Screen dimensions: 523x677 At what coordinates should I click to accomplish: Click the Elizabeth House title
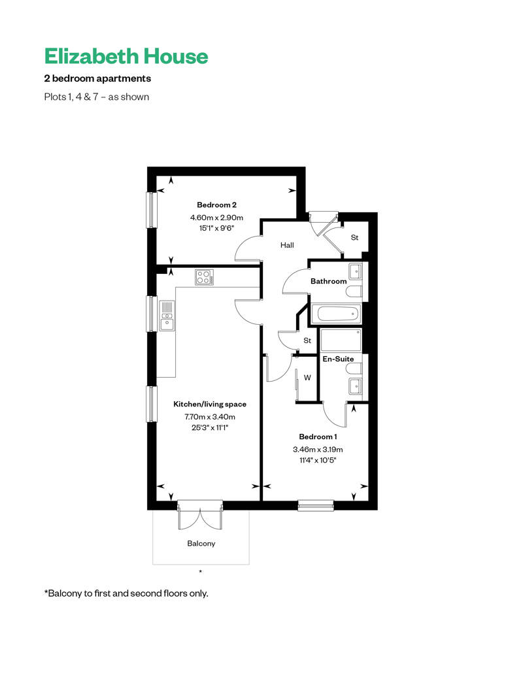[x=126, y=57]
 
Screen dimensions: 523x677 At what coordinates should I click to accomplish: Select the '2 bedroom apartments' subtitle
[x=97, y=78]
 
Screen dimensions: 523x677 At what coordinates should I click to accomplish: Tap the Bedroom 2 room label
[x=217, y=205]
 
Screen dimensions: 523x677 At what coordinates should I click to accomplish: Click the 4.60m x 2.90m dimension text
[x=217, y=218]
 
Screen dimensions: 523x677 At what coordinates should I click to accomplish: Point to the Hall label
[x=287, y=245]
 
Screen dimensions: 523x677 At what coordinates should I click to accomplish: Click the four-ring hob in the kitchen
[x=204, y=277]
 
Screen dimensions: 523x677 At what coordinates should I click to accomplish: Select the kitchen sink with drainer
[x=167, y=316]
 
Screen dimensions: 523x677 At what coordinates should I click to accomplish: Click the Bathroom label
[x=329, y=281]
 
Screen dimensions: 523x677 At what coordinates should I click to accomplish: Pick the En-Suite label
[x=338, y=359]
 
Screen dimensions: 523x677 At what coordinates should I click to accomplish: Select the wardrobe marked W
[x=307, y=378]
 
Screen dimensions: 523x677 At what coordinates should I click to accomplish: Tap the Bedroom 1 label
[x=318, y=437]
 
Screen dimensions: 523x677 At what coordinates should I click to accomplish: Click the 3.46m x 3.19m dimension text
[x=318, y=450]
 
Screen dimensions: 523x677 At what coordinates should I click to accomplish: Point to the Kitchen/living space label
[x=210, y=404]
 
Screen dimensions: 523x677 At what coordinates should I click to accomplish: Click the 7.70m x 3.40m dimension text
[x=210, y=417]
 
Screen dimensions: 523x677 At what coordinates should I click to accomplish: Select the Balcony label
[x=201, y=544]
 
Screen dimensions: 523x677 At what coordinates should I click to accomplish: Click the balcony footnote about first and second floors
[x=126, y=593]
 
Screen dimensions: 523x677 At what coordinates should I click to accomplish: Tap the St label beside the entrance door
[x=354, y=237]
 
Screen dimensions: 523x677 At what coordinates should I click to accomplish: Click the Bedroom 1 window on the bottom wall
[x=316, y=505]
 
